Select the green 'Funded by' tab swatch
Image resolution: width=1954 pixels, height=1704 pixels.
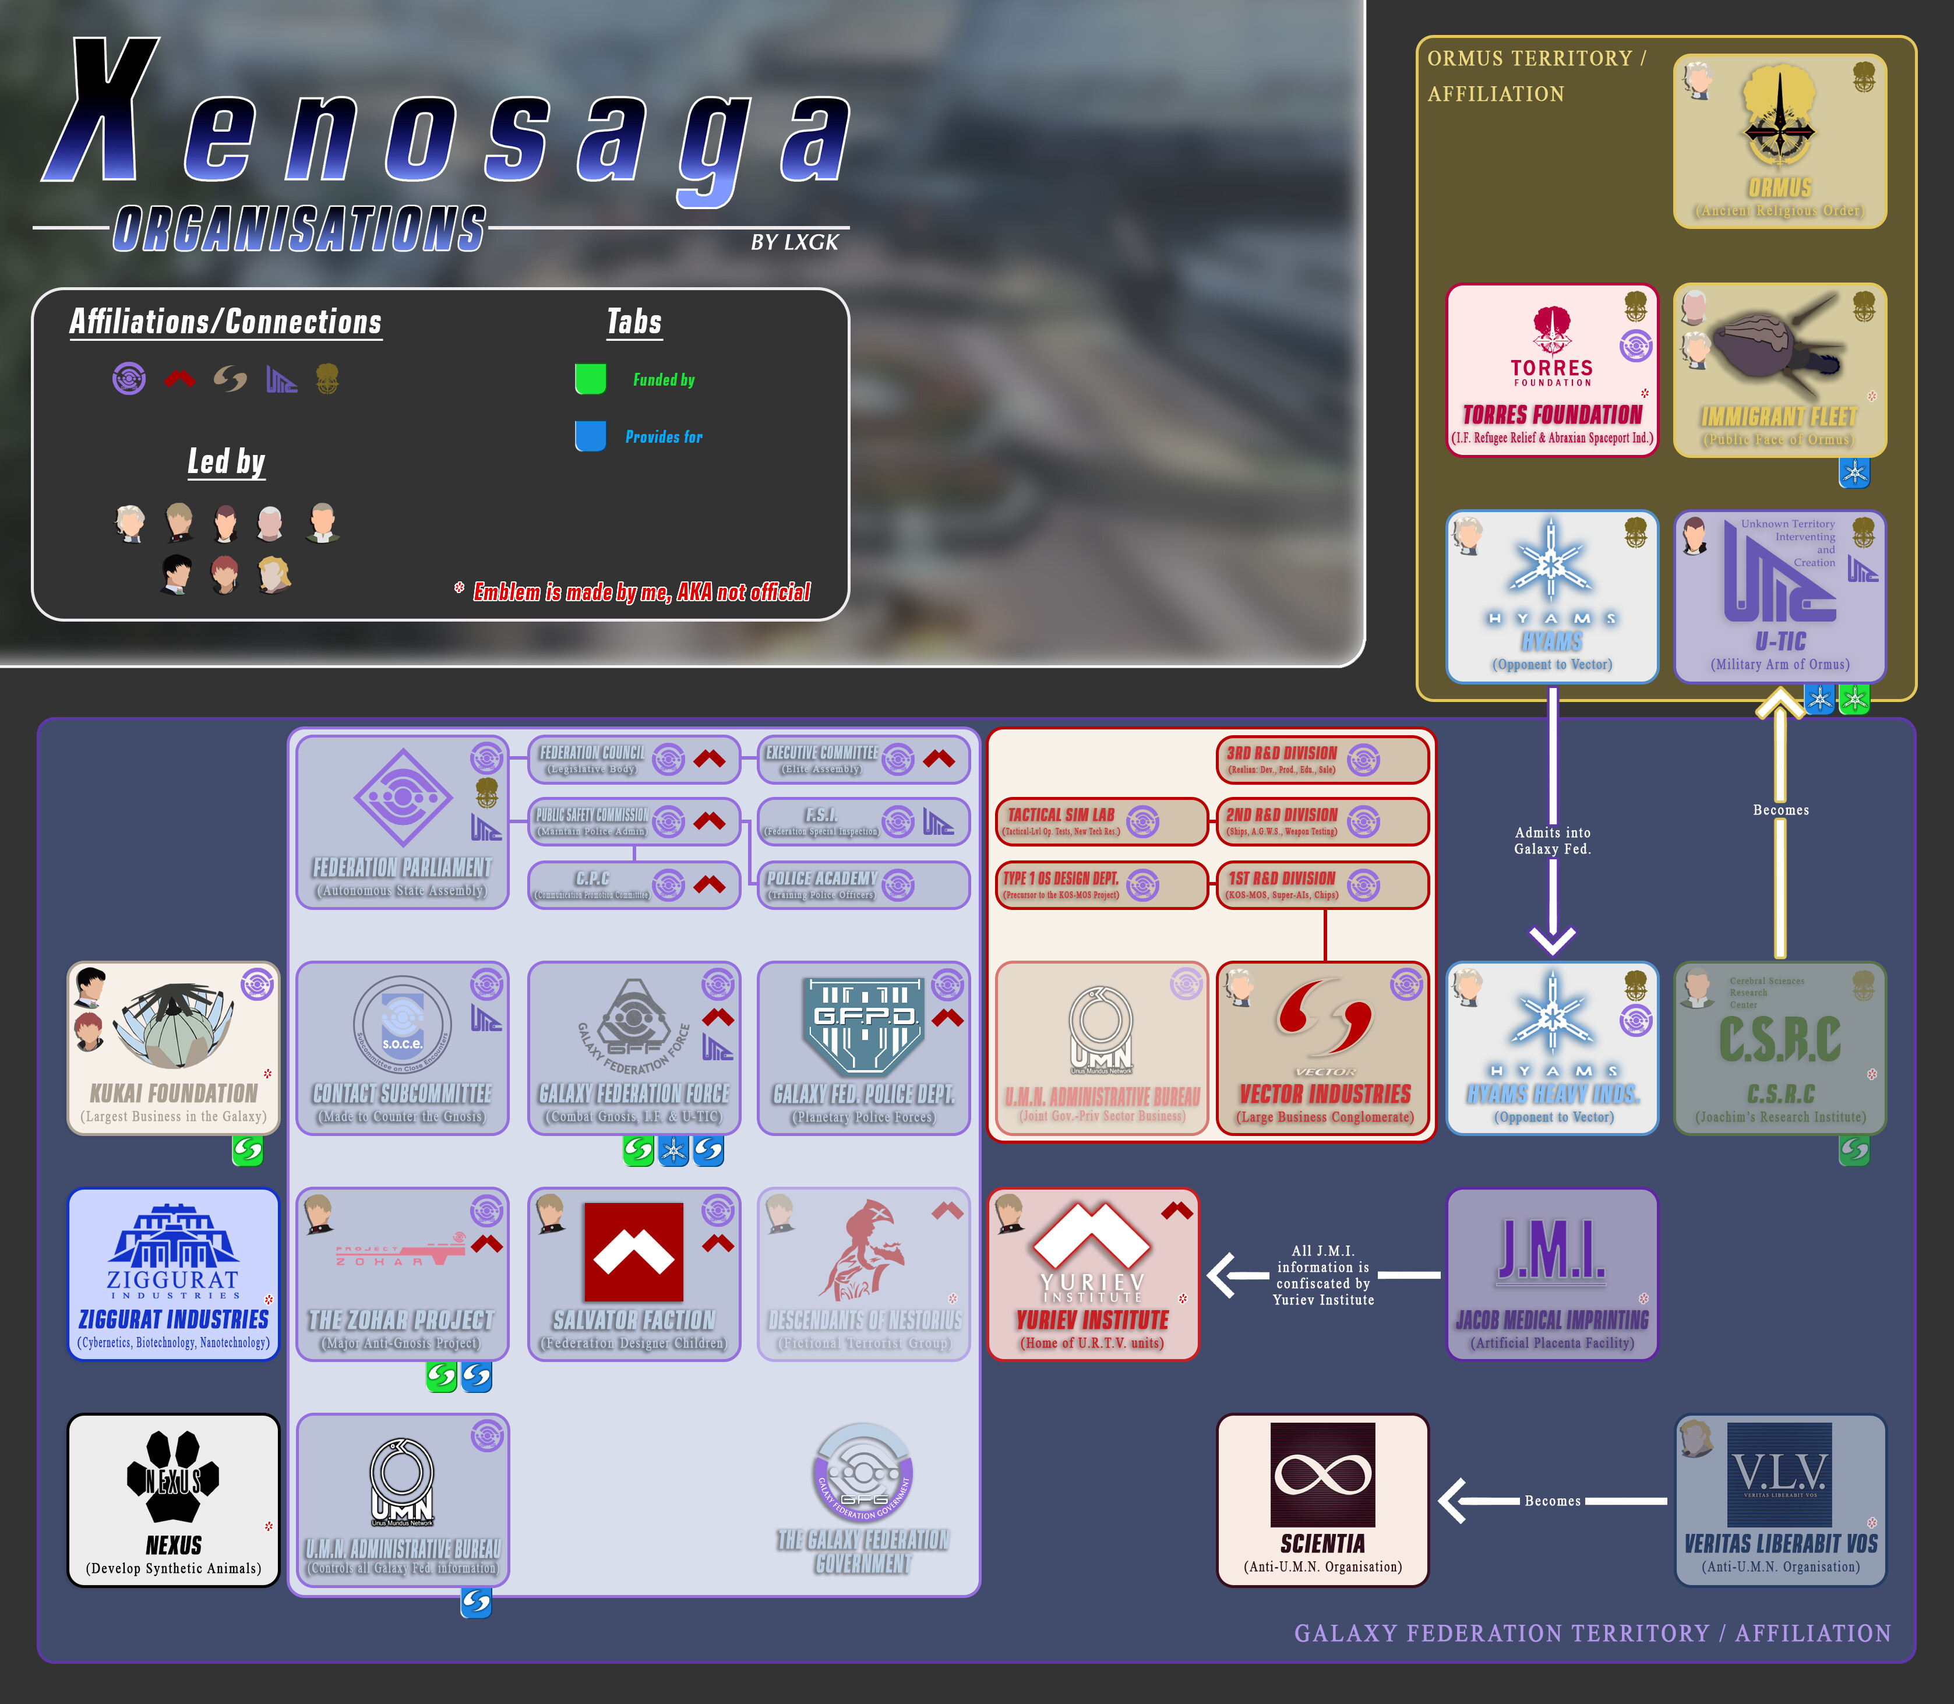click(x=591, y=379)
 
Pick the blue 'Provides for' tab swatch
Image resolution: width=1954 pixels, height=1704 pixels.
click(x=591, y=436)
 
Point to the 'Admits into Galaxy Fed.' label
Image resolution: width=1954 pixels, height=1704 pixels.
click(x=1552, y=841)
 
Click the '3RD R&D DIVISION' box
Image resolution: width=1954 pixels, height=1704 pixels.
click(x=1322, y=760)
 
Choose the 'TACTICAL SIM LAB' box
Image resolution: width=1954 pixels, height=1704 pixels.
click(x=1100, y=821)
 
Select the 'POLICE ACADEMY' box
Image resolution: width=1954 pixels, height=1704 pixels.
click(x=862, y=885)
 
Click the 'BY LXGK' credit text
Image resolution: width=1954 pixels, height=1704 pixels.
click(x=794, y=242)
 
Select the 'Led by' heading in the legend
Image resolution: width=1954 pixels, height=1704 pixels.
click(x=225, y=462)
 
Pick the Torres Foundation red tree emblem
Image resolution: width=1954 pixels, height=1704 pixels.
click(x=1552, y=329)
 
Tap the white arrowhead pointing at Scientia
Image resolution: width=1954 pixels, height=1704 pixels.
click(x=1455, y=1501)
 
